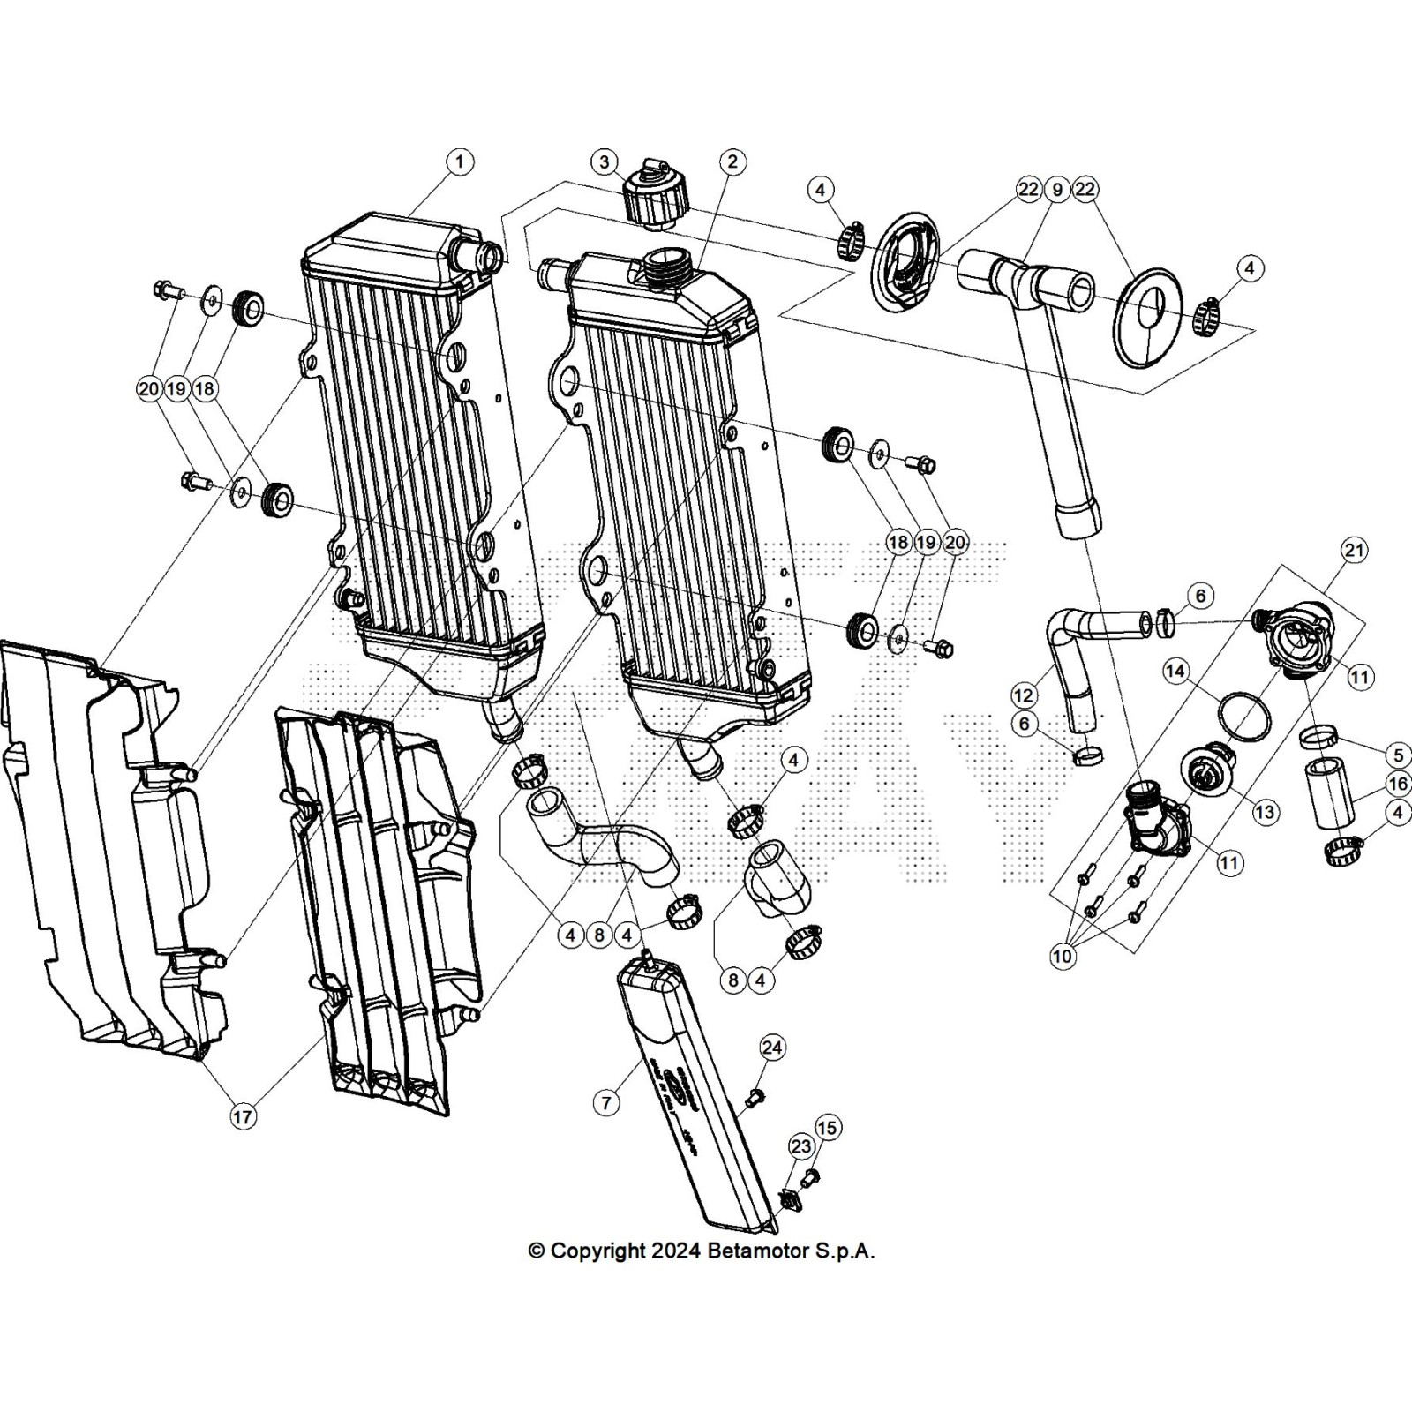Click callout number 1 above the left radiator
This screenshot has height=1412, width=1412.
point(459,161)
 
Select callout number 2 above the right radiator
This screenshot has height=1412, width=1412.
point(732,161)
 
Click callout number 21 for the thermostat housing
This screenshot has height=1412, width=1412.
point(1354,551)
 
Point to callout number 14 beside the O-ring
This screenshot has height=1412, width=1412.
point(1175,672)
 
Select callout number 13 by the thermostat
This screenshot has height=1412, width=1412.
point(1266,812)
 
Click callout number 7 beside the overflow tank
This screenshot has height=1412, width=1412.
point(606,1102)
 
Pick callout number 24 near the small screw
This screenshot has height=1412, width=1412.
point(772,1048)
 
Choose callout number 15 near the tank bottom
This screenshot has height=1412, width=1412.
point(827,1127)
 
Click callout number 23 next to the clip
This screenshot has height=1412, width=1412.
point(800,1146)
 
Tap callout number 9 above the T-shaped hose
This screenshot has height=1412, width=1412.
point(1056,190)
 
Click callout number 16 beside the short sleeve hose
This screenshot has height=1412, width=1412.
point(1398,784)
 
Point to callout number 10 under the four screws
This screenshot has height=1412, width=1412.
point(1063,956)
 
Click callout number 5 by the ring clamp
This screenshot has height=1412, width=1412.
point(1398,755)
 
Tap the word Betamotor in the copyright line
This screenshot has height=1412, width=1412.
point(757,1251)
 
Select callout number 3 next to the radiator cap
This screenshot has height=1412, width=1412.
point(605,161)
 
